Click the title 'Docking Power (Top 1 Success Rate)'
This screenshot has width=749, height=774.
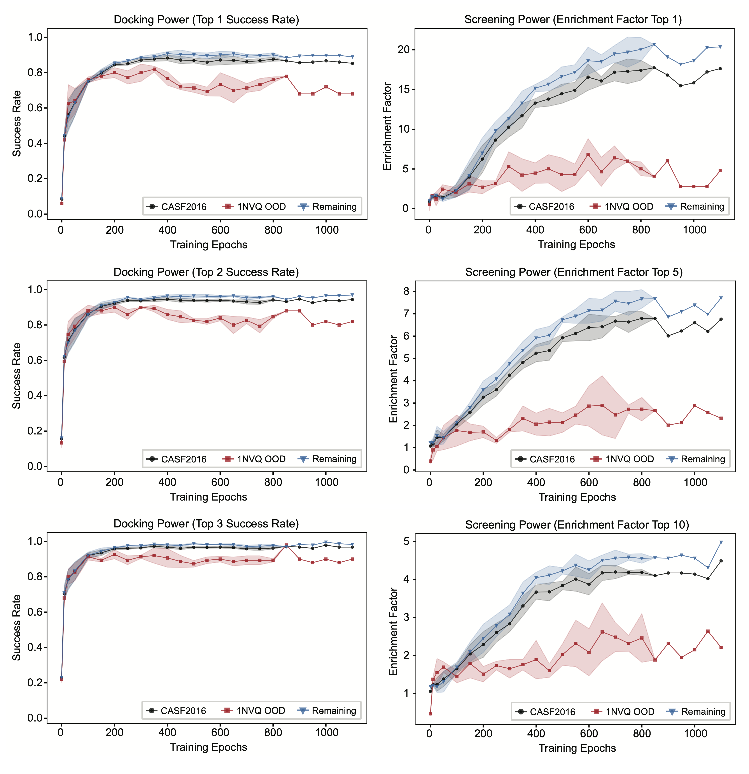click(206, 20)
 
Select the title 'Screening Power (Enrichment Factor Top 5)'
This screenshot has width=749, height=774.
click(574, 272)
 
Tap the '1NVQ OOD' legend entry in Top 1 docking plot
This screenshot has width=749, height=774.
click(261, 207)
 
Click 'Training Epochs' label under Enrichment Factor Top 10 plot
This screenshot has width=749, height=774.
click(577, 748)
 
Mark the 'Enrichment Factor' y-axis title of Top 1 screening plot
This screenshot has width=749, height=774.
click(387, 126)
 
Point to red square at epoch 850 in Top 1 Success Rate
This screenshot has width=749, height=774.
click(286, 76)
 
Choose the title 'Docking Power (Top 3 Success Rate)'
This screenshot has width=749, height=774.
click(206, 524)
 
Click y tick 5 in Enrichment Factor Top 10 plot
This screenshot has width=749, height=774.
click(406, 541)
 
